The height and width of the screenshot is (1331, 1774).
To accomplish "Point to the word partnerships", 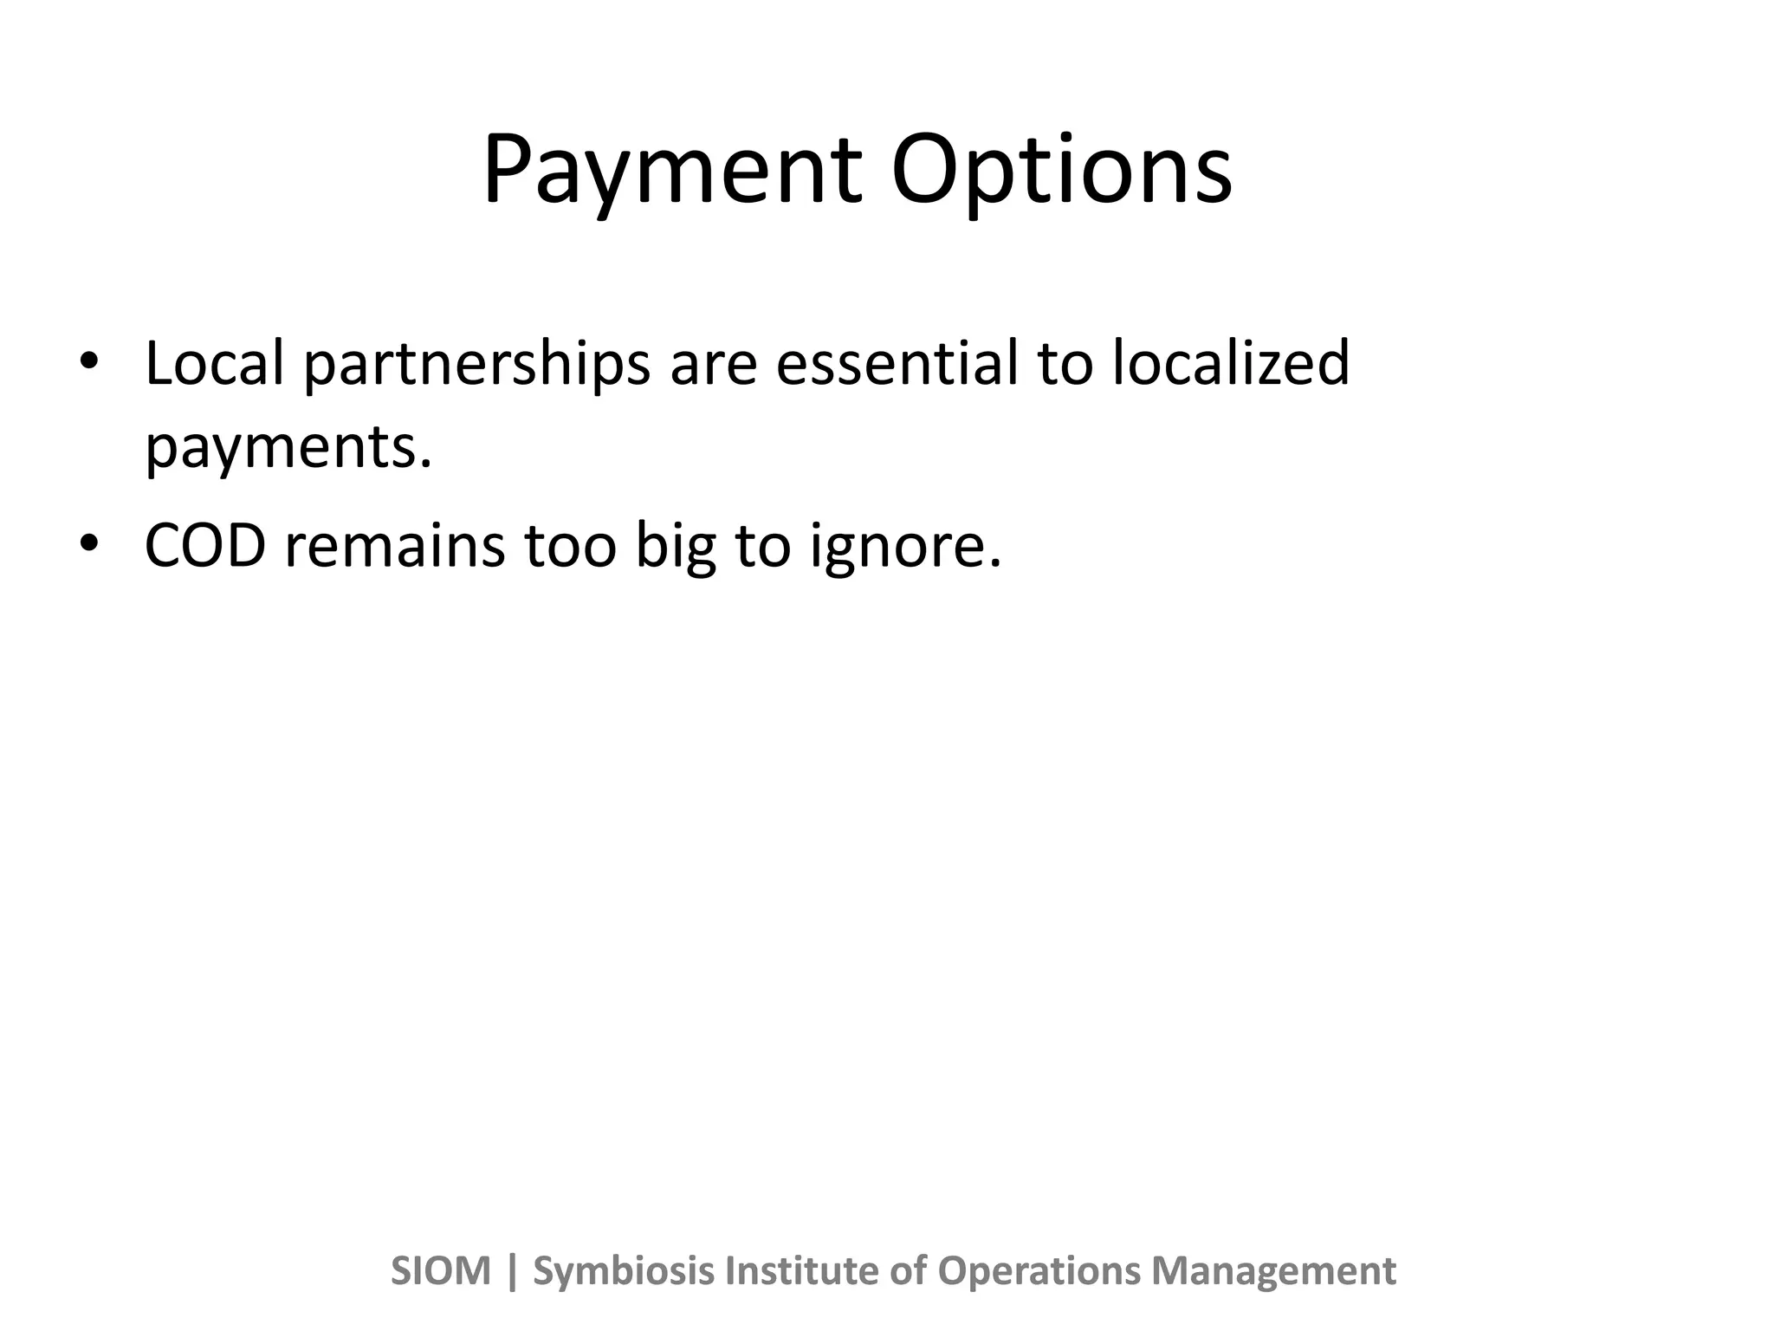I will pyautogui.click(x=476, y=364).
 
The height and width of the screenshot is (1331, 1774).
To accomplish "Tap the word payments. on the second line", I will pyautogui.click(x=288, y=447).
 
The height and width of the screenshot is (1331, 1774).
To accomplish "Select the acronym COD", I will pyautogui.click(x=204, y=546).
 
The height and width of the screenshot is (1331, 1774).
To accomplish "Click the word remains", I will pyautogui.click(x=394, y=546).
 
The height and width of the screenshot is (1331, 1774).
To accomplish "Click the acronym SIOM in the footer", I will pyautogui.click(x=441, y=1271).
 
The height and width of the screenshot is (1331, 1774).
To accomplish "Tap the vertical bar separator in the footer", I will pyautogui.click(x=512, y=1271).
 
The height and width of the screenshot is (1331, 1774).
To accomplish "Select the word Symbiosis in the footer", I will pyautogui.click(x=624, y=1271).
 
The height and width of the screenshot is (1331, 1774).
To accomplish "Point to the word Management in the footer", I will pyautogui.click(x=1273, y=1271).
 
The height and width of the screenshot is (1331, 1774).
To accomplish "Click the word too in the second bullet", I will pyautogui.click(x=570, y=546).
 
